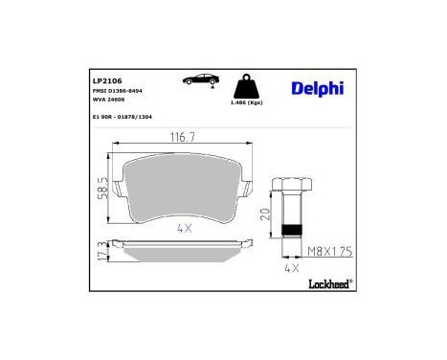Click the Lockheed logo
(330, 283)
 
